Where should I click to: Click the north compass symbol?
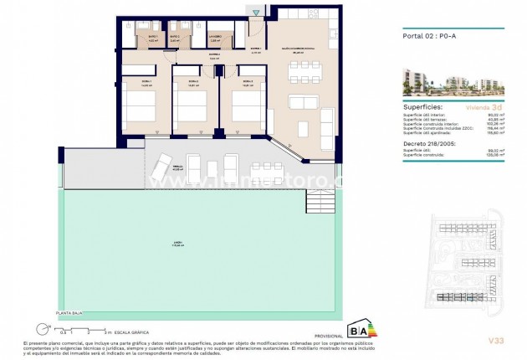click(39, 328)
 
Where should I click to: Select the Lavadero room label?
click(215, 38)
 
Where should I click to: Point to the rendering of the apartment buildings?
click(456, 80)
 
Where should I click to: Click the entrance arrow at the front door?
click(255, 11)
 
